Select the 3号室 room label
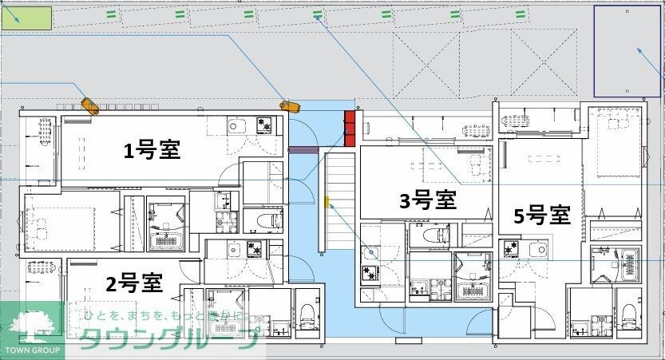coord(427,200)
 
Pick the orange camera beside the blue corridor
coord(288,105)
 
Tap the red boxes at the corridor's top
coord(350,128)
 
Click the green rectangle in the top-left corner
coord(26,18)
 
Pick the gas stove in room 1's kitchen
coord(263,125)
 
